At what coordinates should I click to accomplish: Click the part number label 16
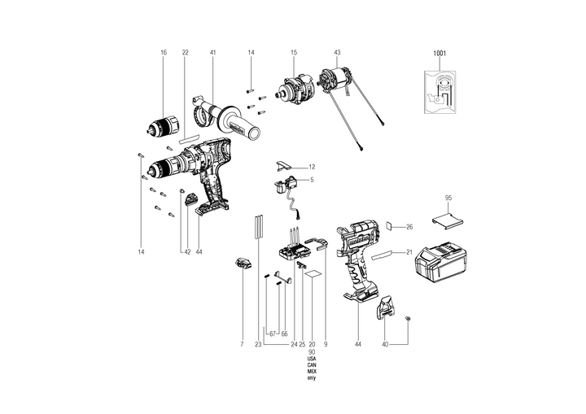point(163,52)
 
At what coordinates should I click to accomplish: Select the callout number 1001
point(440,53)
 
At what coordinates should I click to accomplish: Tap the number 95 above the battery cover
point(448,198)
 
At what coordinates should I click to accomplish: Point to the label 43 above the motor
point(337,52)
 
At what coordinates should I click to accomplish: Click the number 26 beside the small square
point(410,227)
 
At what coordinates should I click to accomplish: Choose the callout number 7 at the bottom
point(242,345)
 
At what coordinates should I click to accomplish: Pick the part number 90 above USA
point(312,352)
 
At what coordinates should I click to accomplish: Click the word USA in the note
point(312,359)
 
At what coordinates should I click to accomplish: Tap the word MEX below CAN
point(312,373)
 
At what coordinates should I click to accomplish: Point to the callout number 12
point(312,167)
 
